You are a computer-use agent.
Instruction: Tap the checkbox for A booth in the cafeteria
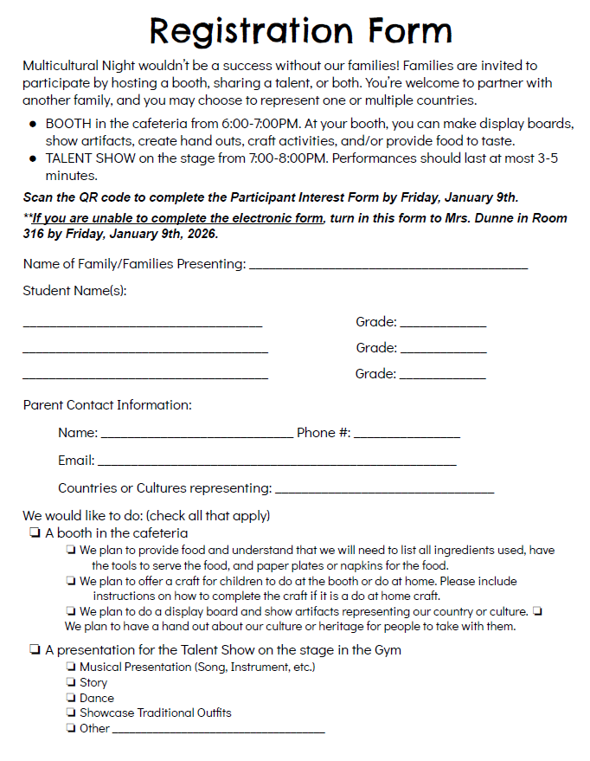pyautogui.click(x=35, y=533)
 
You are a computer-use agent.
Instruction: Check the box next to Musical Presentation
pyautogui.click(x=70, y=667)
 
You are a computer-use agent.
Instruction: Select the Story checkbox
pyautogui.click(x=70, y=683)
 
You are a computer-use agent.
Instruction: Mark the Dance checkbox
pyautogui.click(x=70, y=698)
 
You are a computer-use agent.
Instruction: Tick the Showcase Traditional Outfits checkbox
pyautogui.click(x=70, y=713)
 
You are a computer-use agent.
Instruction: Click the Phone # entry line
pyautogui.click(x=407, y=435)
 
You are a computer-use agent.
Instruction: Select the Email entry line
pyautogui.click(x=277, y=464)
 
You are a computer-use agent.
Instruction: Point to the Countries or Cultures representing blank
pyautogui.click(x=384, y=491)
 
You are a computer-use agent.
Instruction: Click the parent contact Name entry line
pyautogui.click(x=196, y=435)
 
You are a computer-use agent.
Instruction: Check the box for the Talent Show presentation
pyautogui.click(x=35, y=649)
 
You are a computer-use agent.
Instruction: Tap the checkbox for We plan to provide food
pyautogui.click(x=70, y=551)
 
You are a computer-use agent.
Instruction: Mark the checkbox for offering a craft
pyautogui.click(x=70, y=582)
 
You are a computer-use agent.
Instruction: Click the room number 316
pyautogui.click(x=35, y=234)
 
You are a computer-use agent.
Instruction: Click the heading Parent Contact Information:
pyautogui.click(x=107, y=405)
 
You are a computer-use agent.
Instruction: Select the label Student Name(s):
pyautogui.click(x=74, y=291)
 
